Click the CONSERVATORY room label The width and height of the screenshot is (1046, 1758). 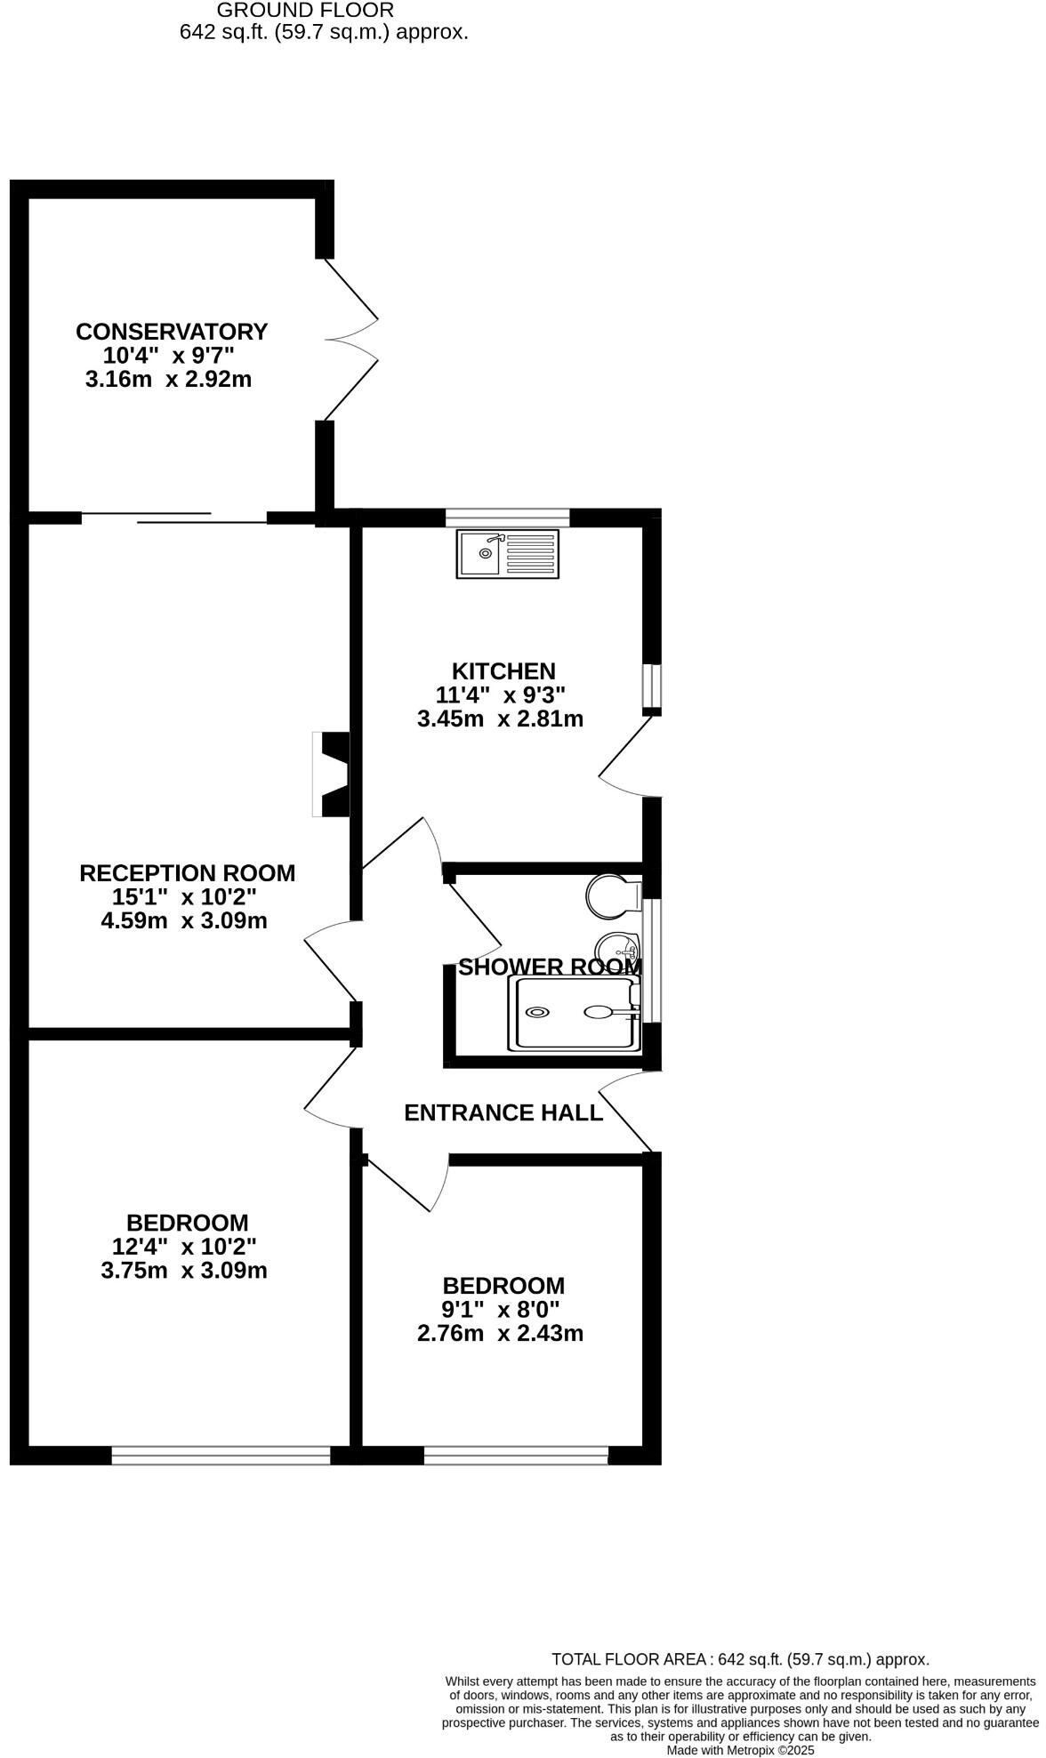(172, 332)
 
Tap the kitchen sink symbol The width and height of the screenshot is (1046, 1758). (509, 554)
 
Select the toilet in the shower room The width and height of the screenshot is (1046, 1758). (614, 896)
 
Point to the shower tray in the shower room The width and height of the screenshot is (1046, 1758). (575, 1013)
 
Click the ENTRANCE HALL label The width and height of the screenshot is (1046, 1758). (503, 1112)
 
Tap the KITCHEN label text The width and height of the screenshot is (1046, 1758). (503, 670)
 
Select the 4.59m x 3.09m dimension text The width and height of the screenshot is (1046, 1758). (184, 920)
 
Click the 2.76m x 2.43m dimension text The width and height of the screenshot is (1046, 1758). (500, 1333)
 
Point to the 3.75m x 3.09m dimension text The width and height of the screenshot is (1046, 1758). (184, 1270)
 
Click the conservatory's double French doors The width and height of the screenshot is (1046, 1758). (351, 340)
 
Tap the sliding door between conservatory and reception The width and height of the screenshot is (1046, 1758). (174, 517)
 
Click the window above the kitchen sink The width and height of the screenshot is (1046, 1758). (508, 518)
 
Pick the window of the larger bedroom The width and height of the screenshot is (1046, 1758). (221, 1455)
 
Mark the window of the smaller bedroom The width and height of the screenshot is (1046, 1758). (516, 1455)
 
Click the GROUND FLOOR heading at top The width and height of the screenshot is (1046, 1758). (305, 11)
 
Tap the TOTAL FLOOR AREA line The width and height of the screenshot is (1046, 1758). (740, 1658)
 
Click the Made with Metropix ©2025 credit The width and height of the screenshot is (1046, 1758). (740, 1749)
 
